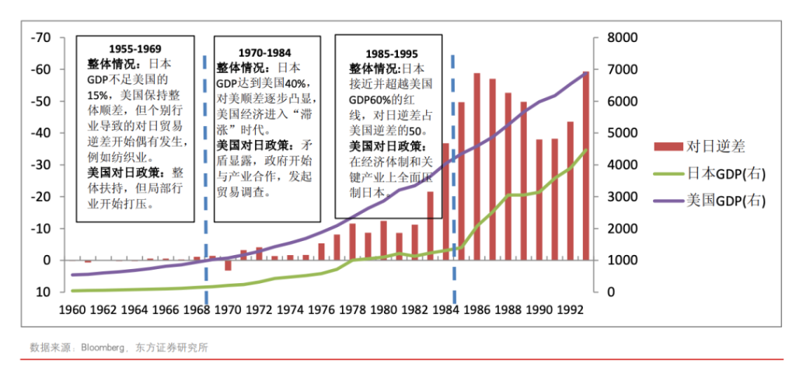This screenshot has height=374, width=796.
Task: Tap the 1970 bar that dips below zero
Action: point(228,265)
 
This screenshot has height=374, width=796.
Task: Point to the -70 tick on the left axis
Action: point(40,37)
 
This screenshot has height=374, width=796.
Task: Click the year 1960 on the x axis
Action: point(72,309)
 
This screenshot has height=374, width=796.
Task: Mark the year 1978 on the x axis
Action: point(351,309)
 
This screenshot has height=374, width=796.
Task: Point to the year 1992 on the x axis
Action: point(569,309)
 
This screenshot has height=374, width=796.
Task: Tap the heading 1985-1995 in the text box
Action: point(391,54)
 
